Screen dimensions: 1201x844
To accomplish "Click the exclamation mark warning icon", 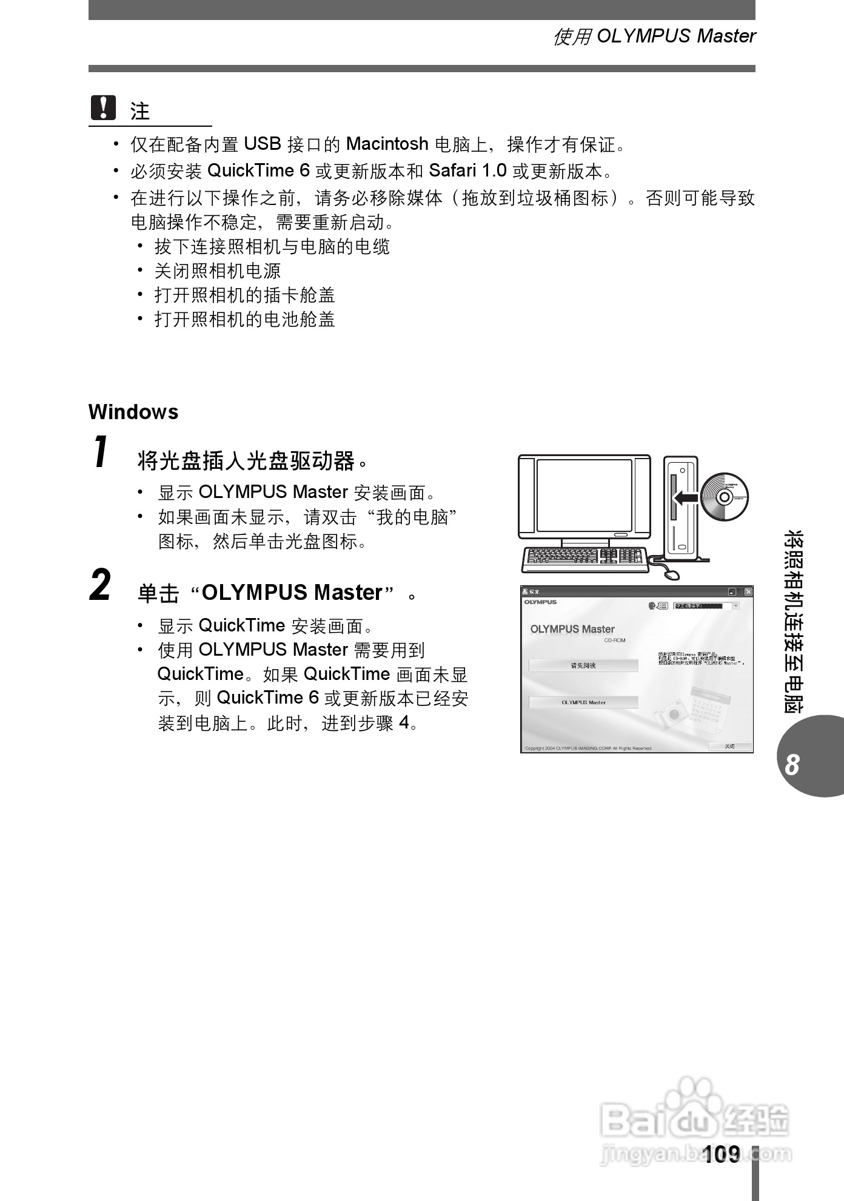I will click(x=103, y=109).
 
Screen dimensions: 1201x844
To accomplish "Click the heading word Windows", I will click(x=133, y=412).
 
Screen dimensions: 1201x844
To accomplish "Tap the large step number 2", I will click(x=101, y=585).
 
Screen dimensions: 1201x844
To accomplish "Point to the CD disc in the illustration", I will click(x=724, y=497).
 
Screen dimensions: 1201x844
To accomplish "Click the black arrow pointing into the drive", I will click(x=685, y=498).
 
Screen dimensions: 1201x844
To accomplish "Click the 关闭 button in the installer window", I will click(x=730, y=746).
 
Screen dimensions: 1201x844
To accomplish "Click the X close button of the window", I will click(x=748, y=591).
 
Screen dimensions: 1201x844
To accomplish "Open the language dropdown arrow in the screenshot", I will click(x=735, y=605).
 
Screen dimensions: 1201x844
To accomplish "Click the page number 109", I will click(x=722, y=1154).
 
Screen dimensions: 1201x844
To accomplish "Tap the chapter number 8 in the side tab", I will click(x=792, y=765).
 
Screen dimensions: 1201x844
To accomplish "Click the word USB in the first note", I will click(x=262, y=144).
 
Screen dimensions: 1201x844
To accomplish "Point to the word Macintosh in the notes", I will click(x=387, y=144).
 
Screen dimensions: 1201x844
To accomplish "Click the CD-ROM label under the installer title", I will click(x=614, y=641).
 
